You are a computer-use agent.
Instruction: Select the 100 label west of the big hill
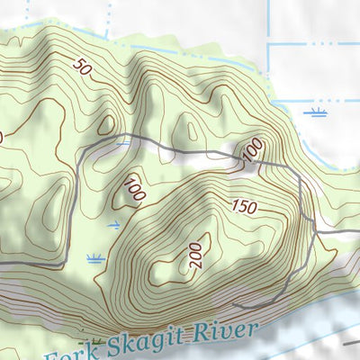[136, 190]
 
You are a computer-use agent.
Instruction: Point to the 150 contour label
[244, 206]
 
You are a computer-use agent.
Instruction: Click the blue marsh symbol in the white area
[315, 113]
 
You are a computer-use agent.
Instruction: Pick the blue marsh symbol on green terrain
[95, 259]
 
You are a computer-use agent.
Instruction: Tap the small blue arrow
[113, 223]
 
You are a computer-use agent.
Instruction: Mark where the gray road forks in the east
[315, 232]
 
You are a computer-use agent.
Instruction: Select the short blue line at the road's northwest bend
[123, 142]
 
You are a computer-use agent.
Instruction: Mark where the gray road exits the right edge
[357, 232]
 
